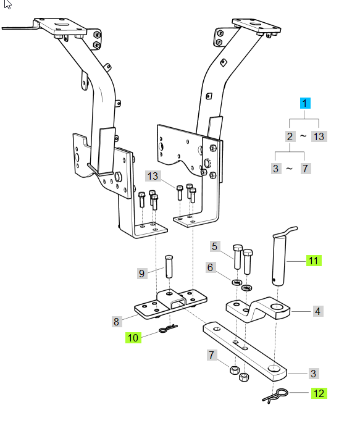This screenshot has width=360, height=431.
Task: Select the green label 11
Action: pyautogui.click(x=314, y=261)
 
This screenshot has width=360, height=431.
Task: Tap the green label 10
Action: pyautogui.click(x=133, y=337)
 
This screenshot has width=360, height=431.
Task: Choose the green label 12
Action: pyautogui.click(x=319, y=393)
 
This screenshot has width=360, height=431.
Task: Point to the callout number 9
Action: pyautogui.click(x=142, y=272)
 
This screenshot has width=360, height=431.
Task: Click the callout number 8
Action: pyautogui.click(x=115, y=321)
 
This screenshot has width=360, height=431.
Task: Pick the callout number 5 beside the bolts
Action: pyautogui.click(x=215, y=247)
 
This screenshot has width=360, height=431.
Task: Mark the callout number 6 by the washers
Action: pyautogui.click(x=211, y=267)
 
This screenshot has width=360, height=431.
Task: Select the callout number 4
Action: pyautogui.click(x=317, y=312)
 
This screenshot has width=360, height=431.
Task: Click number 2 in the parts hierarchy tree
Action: pyautogui.click(x=290, y=136)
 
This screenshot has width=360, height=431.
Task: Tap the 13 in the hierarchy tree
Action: pyautogui.click(x=319, y=136)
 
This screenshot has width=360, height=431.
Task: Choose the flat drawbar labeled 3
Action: pyautogui.click(x=247, y=350)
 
